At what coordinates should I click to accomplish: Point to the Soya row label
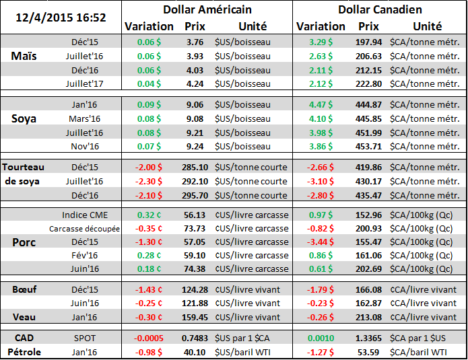[24, 118]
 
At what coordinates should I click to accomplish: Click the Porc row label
[25, 242]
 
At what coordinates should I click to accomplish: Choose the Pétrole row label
[25, 351]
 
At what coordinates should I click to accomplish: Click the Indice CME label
[86, 215]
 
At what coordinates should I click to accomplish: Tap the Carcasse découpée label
[85, 229]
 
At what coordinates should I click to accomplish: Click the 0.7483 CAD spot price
[195, 338]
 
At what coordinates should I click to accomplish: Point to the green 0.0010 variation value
[319, 338]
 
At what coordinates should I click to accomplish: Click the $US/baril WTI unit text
[244, 351]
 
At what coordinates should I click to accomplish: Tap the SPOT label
[86, 338]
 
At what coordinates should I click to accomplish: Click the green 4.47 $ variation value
[319, 104]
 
